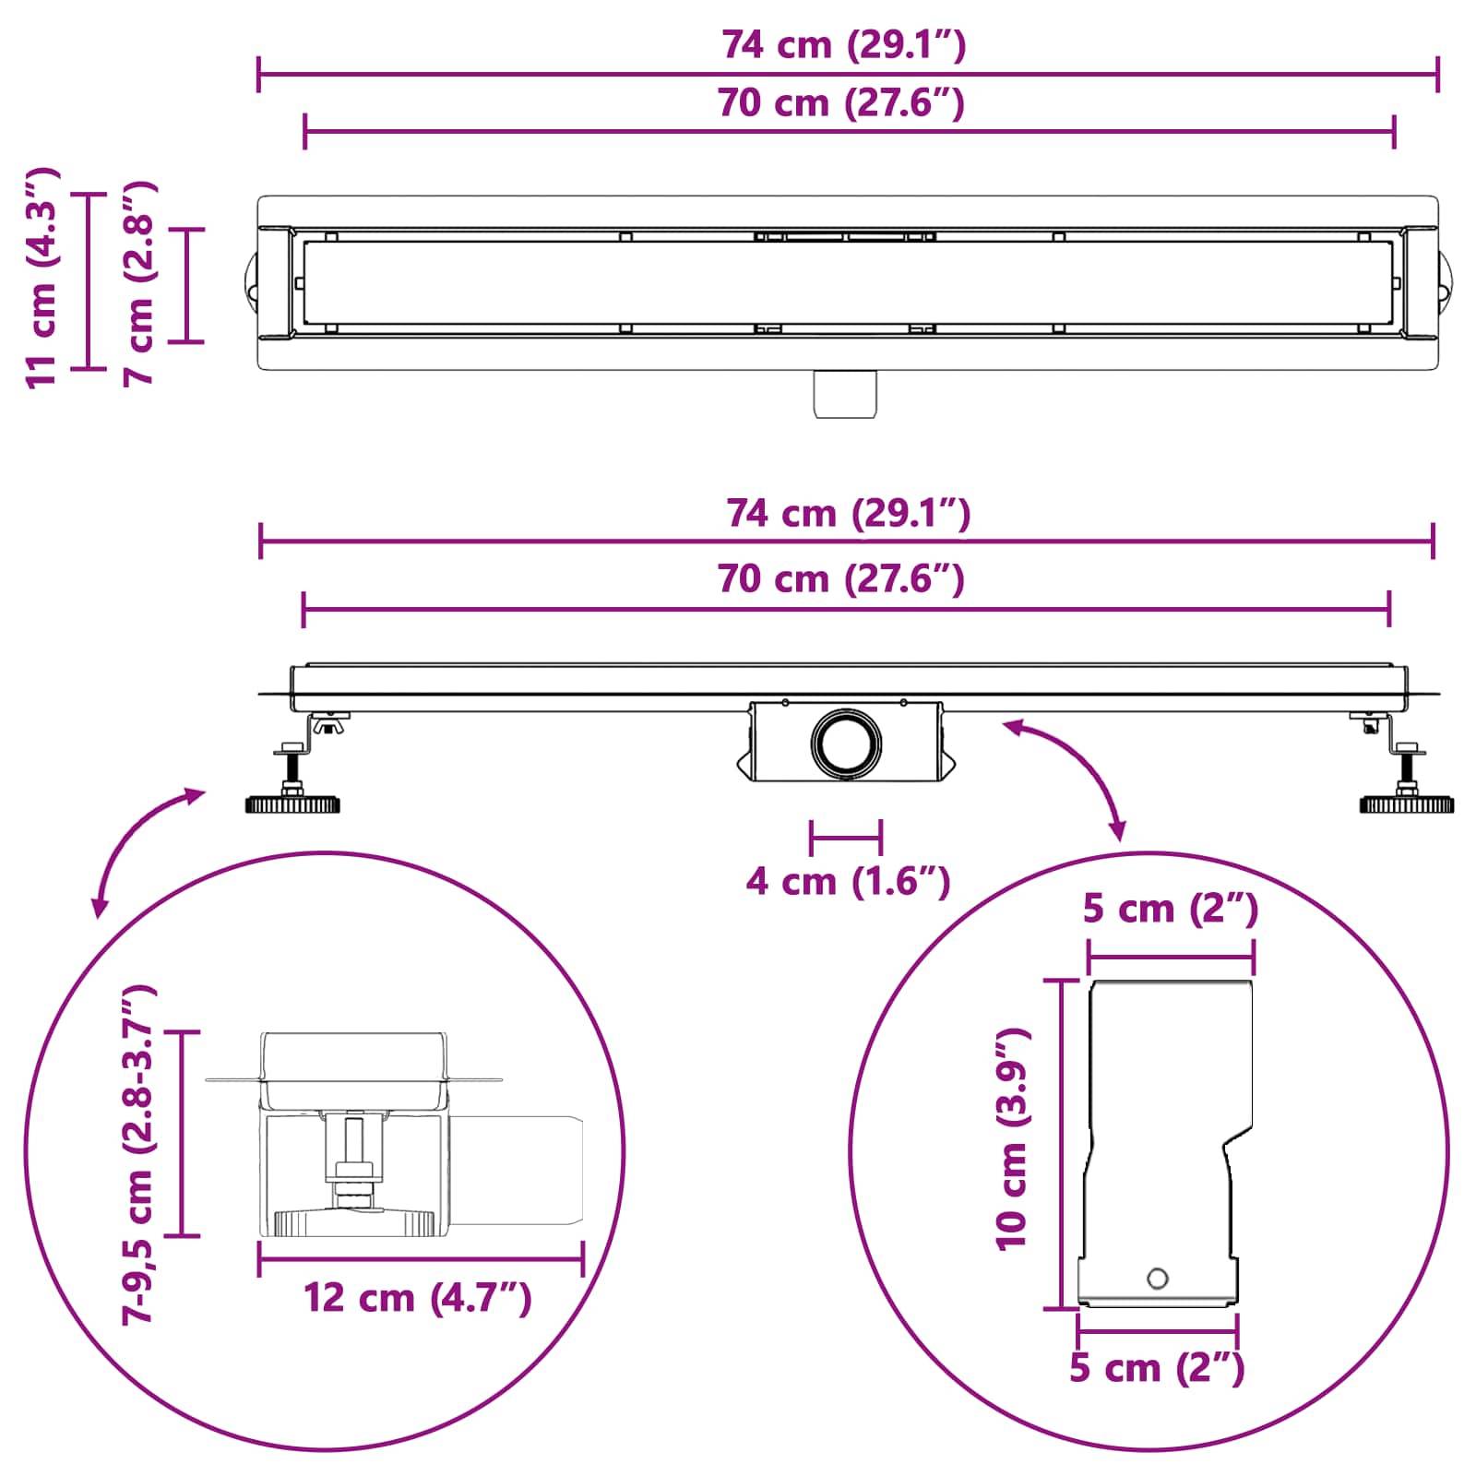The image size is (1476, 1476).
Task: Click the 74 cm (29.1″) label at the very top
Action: (x=843, y=44)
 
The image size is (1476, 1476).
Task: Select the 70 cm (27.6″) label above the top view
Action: (x=841, y=102)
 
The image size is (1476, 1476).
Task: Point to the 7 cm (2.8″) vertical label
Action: (x=139, y=283)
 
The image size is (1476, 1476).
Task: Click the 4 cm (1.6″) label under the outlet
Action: (x=848, y=881)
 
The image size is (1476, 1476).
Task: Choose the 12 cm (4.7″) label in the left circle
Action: (x=418, y=1298)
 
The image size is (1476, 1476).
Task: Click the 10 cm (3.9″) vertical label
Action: (x=1012, y=1140)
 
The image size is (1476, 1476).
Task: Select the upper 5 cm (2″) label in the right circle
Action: (x=1170, y=909)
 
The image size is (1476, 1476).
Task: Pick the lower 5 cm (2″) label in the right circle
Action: (x=1157, y=1367)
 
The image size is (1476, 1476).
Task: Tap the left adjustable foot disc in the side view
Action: (x=292, y=804)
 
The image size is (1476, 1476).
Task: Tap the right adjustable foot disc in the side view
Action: (x=1407, y=804)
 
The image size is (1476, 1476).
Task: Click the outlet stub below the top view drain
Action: (x=845, y=394)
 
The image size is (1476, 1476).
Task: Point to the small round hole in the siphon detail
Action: (x=1157, y=1279)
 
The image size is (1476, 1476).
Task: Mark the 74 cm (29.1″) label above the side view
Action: (x=848, y=513)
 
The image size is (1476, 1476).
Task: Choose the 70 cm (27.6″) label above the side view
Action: (x=841, y=579)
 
